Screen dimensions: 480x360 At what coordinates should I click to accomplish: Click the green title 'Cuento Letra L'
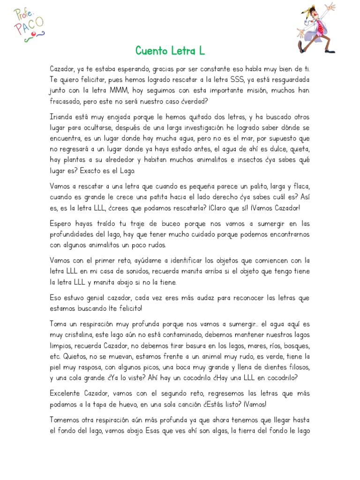coord(170,50)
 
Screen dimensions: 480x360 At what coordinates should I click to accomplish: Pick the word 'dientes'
coord(269,366)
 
